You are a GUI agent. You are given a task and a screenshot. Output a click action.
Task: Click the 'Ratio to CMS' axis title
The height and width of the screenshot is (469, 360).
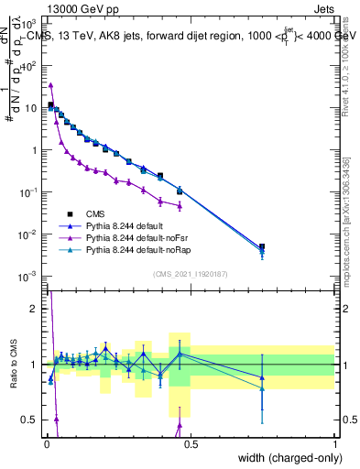click(13, 365)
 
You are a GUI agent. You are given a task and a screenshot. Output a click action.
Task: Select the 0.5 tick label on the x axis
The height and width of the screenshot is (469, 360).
click(191, 444)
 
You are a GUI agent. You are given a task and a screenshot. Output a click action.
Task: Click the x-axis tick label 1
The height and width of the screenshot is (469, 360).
click(334, 444)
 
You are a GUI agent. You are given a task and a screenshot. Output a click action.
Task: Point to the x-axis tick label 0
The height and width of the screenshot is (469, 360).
click(47, 444)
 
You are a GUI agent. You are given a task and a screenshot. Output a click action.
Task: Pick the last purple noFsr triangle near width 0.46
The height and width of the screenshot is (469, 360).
click(180, 206)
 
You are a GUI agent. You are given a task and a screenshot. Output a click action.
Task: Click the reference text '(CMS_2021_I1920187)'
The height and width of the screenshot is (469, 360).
click(191, 273)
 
